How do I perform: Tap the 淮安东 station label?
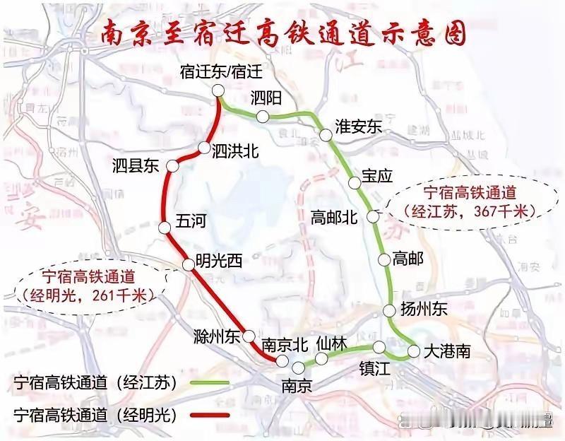(x=358, y=127)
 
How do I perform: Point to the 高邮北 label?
(x=335, y=218)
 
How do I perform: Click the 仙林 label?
(x=332, y=343)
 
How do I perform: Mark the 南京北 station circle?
(x=282, y=361)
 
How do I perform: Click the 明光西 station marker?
(x=189, y=264)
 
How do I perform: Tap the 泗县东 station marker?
(x=172, y=165)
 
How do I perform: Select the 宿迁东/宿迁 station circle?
(x=218, y=90)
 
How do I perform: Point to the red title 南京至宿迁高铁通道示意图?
(x=282, y=34)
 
